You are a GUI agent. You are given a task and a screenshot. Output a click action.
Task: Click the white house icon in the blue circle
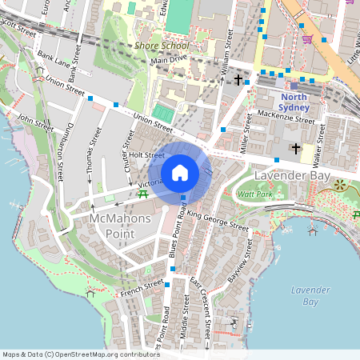[x=180, y=173]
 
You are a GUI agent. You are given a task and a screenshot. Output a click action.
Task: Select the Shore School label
[x=157, y=47]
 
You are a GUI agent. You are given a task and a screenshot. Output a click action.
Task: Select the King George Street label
[x=218, y=220]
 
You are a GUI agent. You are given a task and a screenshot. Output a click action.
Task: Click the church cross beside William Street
[x=238, y=80]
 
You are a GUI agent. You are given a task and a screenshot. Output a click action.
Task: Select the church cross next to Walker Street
[x=296, y=148]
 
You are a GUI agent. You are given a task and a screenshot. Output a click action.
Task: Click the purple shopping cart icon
[x=306, y=38]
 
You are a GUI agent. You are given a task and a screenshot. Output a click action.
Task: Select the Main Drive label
[x=169, y=60]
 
